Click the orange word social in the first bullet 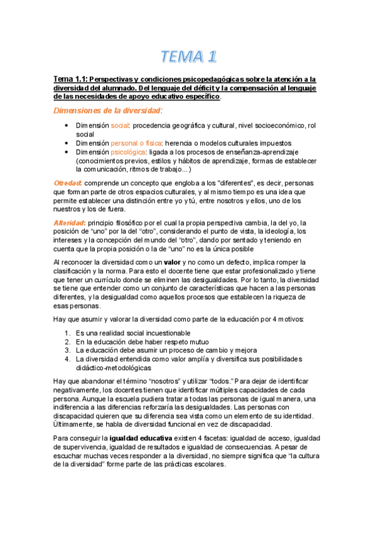click(x=120, y=126)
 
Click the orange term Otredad click(x=67, y=183)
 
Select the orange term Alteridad click(x=69, y=223)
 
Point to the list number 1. click(x=68, y=332)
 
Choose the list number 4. click(x=68, y=359)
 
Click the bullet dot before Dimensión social click(x=67, y=126)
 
